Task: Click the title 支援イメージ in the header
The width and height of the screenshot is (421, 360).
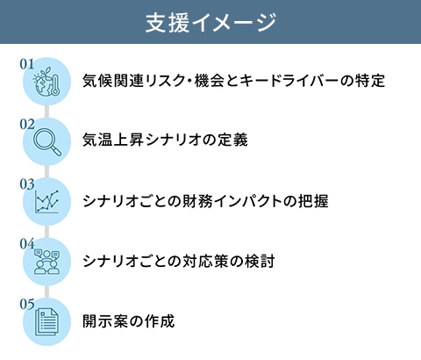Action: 210,23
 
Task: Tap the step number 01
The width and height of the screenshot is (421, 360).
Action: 27,64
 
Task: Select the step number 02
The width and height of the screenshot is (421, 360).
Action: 27,124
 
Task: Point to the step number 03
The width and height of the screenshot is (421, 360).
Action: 27,184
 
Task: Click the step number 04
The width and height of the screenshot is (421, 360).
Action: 27,244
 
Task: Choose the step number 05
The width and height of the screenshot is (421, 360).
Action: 27,304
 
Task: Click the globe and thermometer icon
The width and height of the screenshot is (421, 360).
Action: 47,81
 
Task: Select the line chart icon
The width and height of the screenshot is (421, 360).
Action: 46,201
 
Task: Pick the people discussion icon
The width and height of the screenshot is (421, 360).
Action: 46,262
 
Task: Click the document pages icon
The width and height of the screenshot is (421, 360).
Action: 46,322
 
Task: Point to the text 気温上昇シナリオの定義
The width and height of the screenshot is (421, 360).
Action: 165,140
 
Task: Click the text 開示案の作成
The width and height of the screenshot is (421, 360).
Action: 129,321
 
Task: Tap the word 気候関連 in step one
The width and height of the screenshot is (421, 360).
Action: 113,81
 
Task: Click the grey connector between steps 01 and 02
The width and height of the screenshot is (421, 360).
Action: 47,112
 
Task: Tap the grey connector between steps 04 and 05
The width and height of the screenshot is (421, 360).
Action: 47,292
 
